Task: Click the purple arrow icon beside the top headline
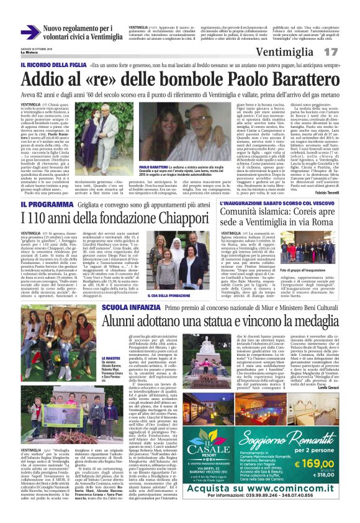(x=30, y=32)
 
